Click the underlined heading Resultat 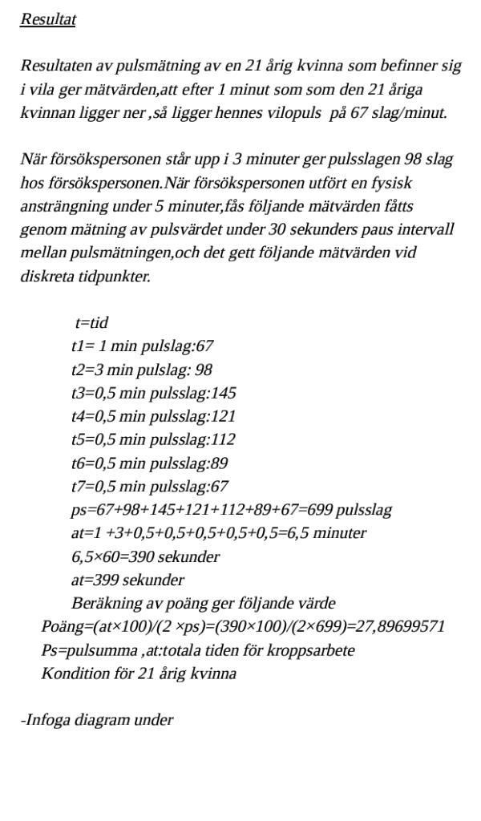coord(48,19)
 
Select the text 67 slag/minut coord(398,112)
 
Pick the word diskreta coord(49,277)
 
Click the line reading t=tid coord(91,323)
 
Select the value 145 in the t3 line coord(223,393)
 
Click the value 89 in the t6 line coord(219,463)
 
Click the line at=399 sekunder coord(127,580)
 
